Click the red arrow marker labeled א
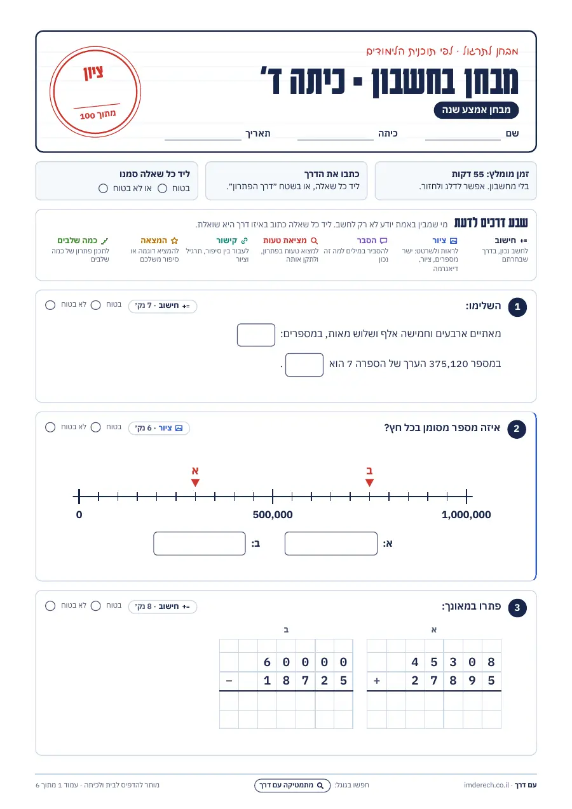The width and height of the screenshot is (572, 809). click(195, 483)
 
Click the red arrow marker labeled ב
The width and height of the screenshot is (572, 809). click(369, 483)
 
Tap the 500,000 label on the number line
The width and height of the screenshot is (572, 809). click(273, 514)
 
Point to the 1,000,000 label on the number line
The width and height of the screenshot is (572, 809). click(466, 514)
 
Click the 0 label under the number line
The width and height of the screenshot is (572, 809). click(79, 514)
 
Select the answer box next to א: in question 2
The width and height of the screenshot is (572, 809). click(331, 543)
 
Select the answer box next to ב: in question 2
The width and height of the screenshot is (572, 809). click(199, 543)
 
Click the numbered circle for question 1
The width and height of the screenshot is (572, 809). click(517, 307)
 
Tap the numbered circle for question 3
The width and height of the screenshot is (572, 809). click(517, 608)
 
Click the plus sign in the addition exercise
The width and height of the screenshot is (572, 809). click(377, 681)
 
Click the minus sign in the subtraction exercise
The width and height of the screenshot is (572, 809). click(229, 681)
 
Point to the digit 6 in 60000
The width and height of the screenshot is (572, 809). click(267, 662)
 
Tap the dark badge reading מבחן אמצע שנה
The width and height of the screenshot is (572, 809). click(476, 110)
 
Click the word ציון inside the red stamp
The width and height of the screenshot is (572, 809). click(93, 72)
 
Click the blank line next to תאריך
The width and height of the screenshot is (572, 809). click(203, 139)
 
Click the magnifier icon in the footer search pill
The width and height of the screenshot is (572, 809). click(320, 785)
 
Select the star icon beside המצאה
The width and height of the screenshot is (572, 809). click(174, 241)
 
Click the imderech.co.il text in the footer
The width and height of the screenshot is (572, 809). click(486, 785)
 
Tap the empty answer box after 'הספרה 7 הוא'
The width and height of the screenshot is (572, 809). click(304, 364)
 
